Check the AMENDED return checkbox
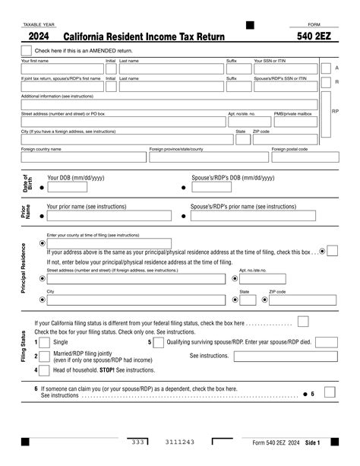coord(26,50)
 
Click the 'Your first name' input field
coord(62,68)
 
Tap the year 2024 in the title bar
coord(39,36)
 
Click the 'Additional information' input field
coord(169,105)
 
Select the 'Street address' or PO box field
coord(122,122)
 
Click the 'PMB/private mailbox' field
coord(296,122)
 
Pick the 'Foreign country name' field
coord(83,157)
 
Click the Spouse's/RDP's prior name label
coord(243,206)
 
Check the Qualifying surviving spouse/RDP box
coord(158,342)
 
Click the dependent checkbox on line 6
coord(329,392)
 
